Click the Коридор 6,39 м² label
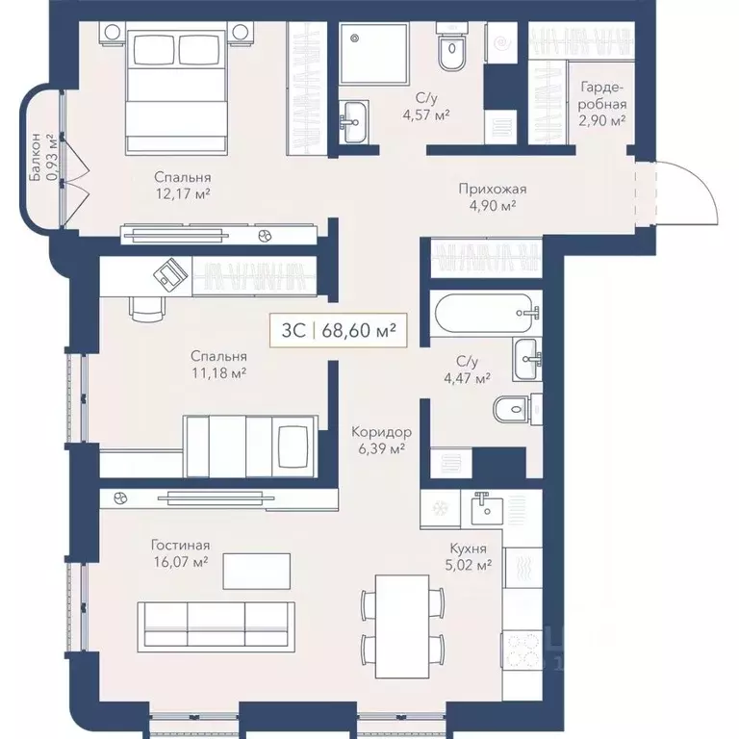[x=381, y=441]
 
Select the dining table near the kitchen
[x=402, y=625]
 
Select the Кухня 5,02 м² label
[x=471, y=557]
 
